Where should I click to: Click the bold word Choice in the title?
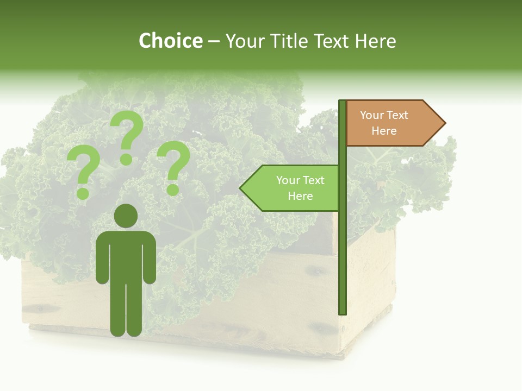coord(170,41)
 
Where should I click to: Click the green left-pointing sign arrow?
coord(291,188)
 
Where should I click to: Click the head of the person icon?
coord(126,215)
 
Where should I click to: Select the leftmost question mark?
coord(83,171)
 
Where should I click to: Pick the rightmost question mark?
coord(173,166)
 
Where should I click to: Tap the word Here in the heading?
coord(375,41)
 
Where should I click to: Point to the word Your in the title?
coord(244,41)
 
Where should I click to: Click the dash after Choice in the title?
coord(214,42)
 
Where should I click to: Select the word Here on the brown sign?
coord(384,131)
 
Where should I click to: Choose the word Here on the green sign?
coord(300,196)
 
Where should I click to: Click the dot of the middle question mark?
coord(126,159)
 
